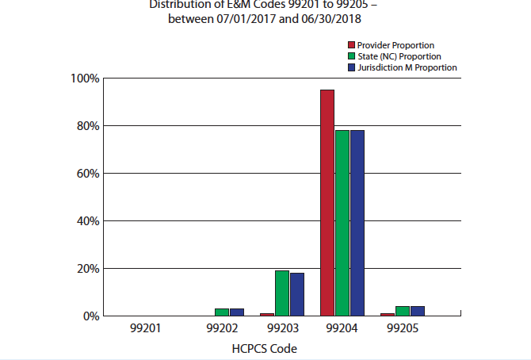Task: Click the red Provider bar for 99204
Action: click(327, 203)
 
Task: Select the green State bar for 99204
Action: click(342, 223)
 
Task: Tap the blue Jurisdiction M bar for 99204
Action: click(357, 223)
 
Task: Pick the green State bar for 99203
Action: click(282, 293)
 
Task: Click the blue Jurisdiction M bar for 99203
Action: click(296, 294)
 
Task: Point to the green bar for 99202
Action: click(222, 312)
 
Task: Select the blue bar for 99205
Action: click(417, 311)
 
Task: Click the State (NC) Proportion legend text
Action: click(399, 57)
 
